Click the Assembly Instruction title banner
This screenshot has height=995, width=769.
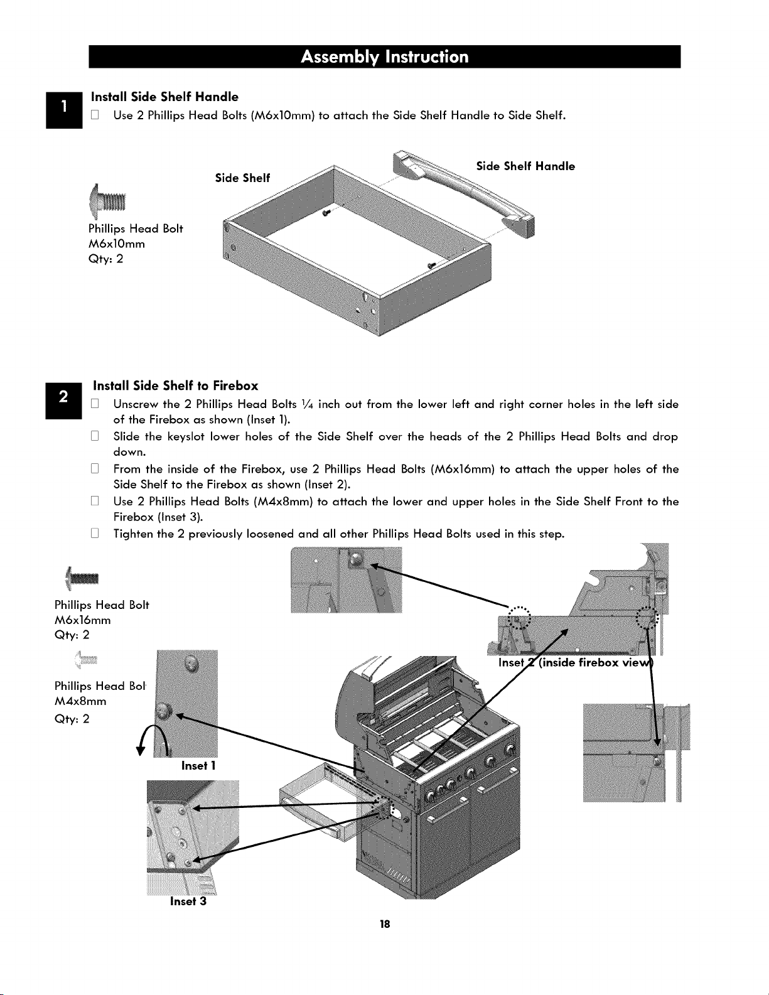click(384, 56)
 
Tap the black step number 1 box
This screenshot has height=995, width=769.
click(64, 110)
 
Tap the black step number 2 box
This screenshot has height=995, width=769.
click(63, 401)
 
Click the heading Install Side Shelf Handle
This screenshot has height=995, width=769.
click(164, 97)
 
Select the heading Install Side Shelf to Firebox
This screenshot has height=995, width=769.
click(176, 385)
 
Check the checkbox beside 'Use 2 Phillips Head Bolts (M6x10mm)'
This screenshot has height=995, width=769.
click(95, 115)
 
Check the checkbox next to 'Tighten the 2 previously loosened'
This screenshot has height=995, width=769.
click(95, 534)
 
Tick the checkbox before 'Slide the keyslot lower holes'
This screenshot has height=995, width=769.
click(95, 436)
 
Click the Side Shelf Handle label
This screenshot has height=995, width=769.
click(525, 166)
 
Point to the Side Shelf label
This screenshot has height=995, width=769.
click(242, 178)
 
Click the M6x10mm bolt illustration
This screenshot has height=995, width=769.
click(107, 201)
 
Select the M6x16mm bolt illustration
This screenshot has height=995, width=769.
click(82, 578)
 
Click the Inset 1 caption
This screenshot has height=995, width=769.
click(198, 766)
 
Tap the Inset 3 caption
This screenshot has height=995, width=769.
click(188, 901)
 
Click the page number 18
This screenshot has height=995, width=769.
click(384, 924)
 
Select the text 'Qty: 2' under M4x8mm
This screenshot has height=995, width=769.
click(72, 719)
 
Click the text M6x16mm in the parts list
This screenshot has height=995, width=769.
click(82, 620)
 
